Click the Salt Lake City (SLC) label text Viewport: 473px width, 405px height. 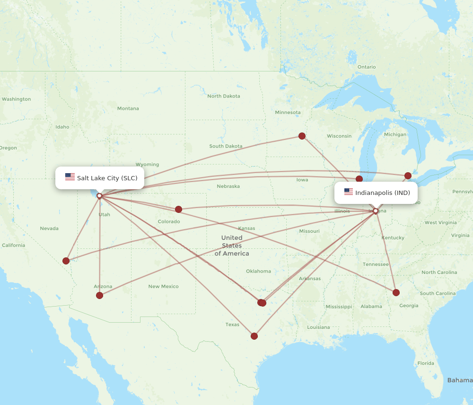[107, 178]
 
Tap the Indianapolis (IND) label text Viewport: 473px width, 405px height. [383, 193]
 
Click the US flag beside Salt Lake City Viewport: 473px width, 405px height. [70, 177]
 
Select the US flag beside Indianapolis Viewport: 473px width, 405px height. [349, 192]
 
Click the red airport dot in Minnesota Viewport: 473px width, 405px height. [302, 136]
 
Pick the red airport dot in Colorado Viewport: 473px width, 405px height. [178, 209]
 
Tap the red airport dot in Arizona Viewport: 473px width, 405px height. [99, 295]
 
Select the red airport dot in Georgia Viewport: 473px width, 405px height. [396, 292]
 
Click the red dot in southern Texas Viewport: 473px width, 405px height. [254, 336]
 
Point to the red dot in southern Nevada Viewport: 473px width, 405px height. [66, 261]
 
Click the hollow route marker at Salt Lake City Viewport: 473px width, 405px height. [99, 195]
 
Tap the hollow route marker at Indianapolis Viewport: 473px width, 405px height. [376, 211]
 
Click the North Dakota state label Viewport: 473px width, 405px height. [224, 96]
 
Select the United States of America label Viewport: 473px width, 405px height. [232, 246]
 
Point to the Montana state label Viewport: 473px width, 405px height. [128, 108]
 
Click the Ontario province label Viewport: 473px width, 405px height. [367, 67]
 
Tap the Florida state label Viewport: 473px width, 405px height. [426, 363]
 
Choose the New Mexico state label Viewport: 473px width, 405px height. [164, 286]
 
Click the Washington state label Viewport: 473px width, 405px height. [16, 99]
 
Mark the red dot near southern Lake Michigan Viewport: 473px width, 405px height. [359, 179]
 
